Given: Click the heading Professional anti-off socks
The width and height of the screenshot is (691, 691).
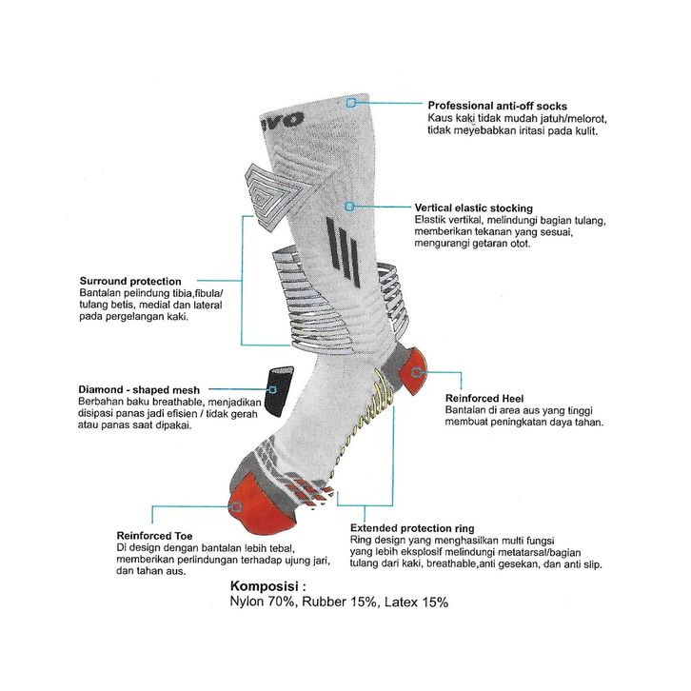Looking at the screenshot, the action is (x=497, y=106).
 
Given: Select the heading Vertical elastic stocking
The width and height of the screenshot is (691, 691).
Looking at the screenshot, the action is (x=486, y=207).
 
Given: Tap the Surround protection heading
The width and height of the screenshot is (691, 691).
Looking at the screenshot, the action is (x=130, y=282).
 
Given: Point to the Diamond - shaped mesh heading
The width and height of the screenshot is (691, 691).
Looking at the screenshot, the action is (x=139, y=389).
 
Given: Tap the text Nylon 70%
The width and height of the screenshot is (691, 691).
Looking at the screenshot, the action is (x=259, y=602).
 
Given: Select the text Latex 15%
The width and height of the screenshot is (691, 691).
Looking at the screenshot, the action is (x=416, y=602).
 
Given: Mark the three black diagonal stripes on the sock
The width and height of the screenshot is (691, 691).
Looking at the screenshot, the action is (x=343, y=253).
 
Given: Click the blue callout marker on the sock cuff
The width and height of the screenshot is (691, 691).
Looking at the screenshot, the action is (x=351, y=102).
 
